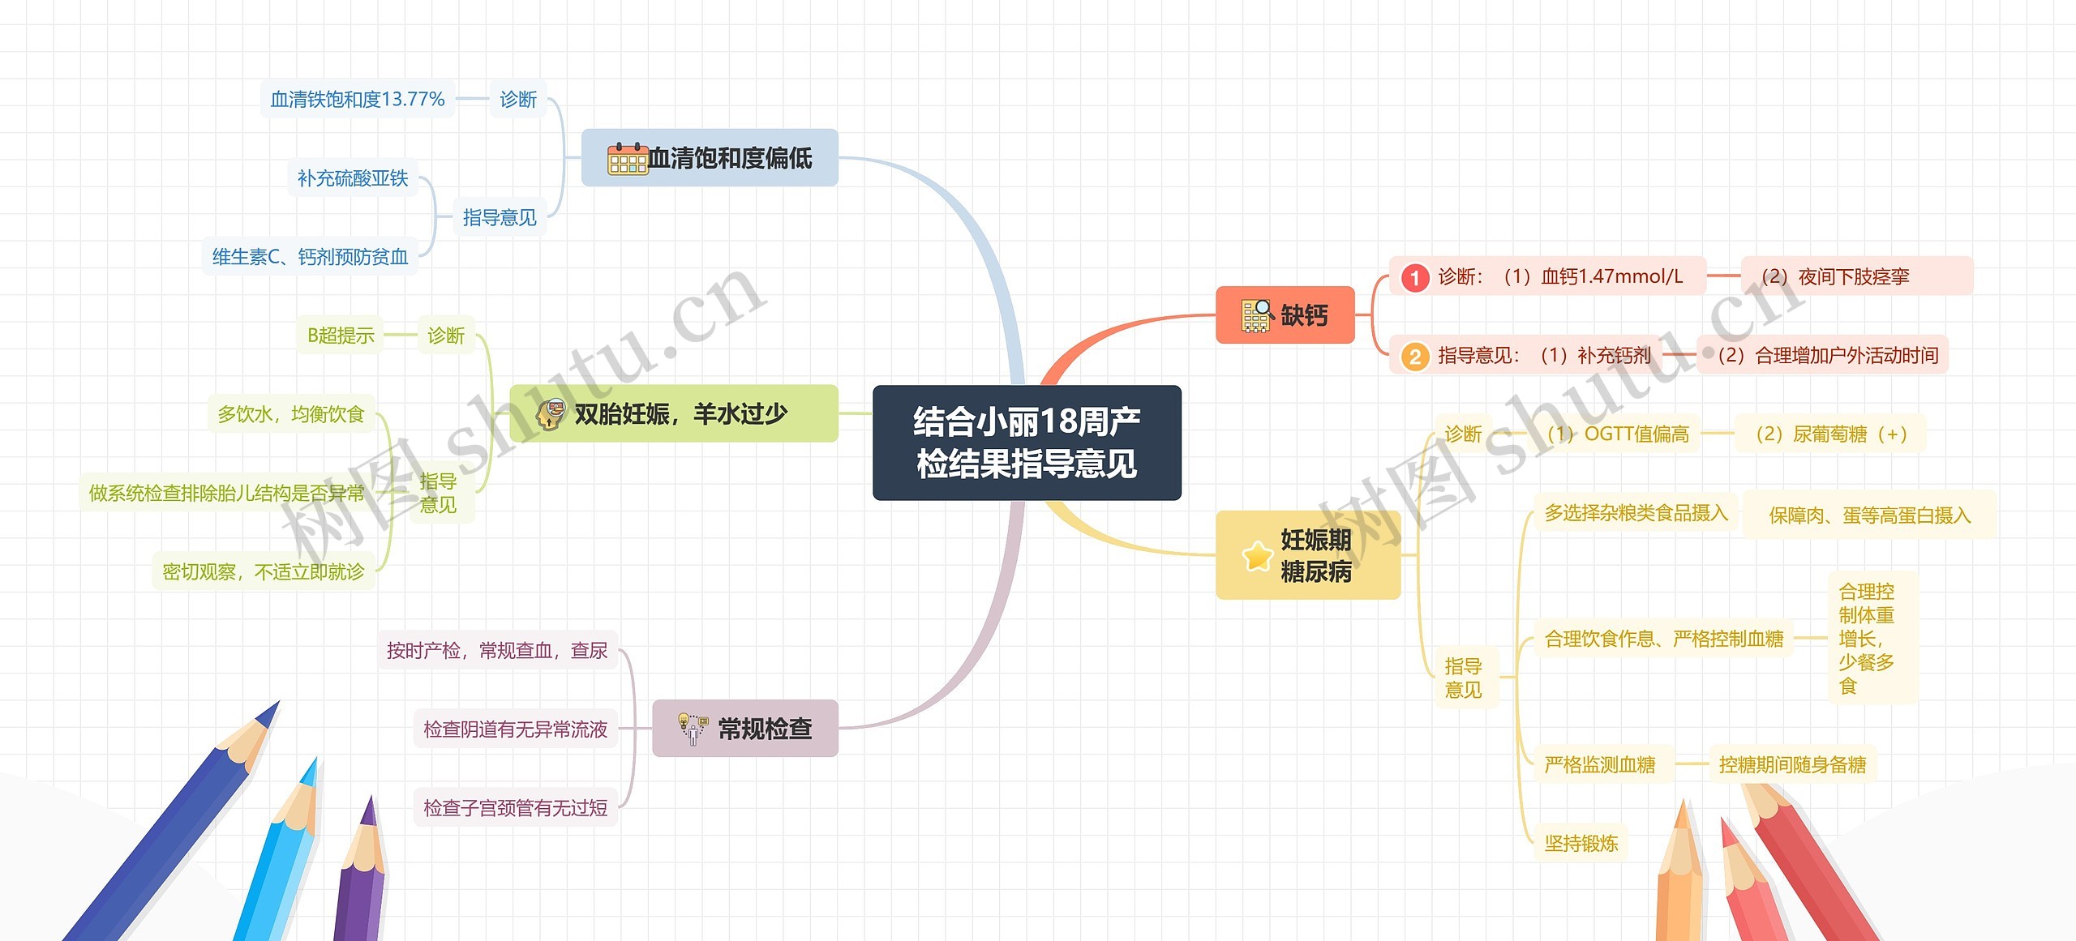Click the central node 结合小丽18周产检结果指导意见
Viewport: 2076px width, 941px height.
pos(1027,443)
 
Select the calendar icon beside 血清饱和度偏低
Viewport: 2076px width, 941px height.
pos(627,158)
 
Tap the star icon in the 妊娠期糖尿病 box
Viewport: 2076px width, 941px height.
pos(1257,556)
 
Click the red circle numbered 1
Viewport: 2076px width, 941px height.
pos(1415,278)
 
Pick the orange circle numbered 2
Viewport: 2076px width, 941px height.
pos(1415,357)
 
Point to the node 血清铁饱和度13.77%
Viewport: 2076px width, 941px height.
pos(357,100)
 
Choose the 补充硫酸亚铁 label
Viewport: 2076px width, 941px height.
pos(353,178)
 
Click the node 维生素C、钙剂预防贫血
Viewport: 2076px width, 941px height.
pos(310,257)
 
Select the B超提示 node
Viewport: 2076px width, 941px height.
pos(341,336)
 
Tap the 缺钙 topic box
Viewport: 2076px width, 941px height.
pos(1285,315)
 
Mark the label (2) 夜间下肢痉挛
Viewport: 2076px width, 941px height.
pos(1834,277)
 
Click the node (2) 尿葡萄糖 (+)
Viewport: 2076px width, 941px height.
pos(1830,434)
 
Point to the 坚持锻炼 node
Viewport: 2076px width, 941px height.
pos(1581,844)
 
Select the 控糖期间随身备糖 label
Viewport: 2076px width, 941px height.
pos(1792,765)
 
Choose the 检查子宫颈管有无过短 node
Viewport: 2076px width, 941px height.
pos(515,808)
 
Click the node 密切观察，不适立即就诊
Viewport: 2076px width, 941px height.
pos(264,572)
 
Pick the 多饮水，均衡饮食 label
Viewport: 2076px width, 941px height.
pos(291,414)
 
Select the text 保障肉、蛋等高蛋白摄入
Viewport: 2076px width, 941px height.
pos(1869,515)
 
